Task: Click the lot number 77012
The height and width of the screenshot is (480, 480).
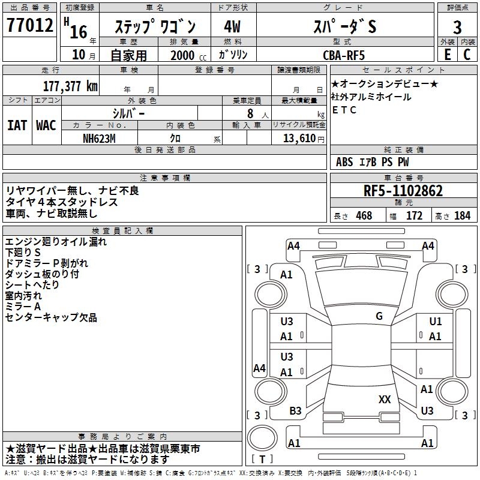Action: [29, 26]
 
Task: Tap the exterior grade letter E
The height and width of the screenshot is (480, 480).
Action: [447, 53]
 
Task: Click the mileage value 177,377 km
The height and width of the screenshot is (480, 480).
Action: [70, 86]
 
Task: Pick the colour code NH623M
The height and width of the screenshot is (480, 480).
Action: [100, 138]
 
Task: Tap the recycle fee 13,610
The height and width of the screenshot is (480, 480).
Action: [298, 138]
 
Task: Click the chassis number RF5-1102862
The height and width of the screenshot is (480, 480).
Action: [403, 191]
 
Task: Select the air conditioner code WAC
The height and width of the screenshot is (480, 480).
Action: [46, 125]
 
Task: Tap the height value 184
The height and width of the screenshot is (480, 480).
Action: [462, 216]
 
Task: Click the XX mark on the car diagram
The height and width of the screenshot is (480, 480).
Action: [385, 399]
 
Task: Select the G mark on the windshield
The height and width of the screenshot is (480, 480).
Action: [379, 316]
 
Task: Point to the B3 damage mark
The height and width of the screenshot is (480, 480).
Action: [296, 411]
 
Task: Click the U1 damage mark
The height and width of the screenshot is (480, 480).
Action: [435, 322]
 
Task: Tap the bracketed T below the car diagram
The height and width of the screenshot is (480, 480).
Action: [262, 459]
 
